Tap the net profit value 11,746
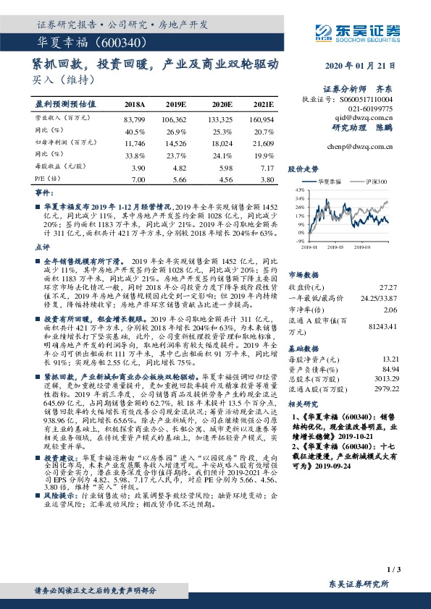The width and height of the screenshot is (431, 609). click(135, 144)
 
